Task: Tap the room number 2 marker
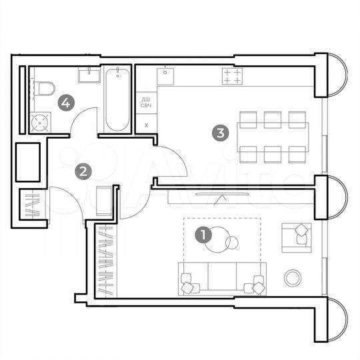[x=83, y=171]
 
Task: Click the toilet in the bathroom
[x=44, y=89]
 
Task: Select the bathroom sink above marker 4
[x=88, y=75]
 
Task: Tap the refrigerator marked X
[x=145, y=124]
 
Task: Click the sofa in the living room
[x=221, y=279]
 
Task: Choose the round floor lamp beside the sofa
[x=292, y=277]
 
